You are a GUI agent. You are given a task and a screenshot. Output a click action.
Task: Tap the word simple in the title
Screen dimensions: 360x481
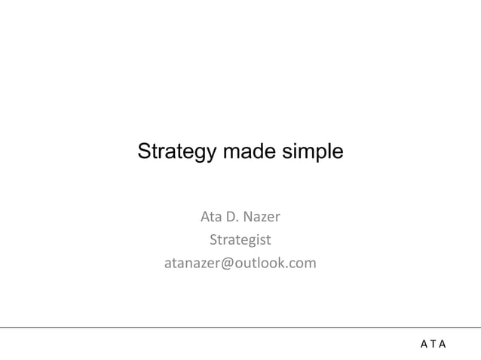click(314, 151)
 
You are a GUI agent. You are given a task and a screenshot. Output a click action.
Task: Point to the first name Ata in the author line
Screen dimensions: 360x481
click(210, 218)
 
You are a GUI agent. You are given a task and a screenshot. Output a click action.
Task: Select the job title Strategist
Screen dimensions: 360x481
click(240, 241)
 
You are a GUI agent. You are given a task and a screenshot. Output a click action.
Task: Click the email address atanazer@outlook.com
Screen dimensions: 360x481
click(240, 264)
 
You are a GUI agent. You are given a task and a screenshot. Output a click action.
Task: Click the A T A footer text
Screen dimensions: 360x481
click(433, 344)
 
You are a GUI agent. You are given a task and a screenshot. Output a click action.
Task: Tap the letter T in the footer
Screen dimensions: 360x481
click(433, 344)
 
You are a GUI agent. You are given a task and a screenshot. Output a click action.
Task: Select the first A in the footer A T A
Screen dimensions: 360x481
click(424, 344)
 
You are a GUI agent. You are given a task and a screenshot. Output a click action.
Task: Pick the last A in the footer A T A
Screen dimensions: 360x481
click(443, 344)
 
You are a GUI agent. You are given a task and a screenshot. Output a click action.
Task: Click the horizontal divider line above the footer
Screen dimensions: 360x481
click(240, 327)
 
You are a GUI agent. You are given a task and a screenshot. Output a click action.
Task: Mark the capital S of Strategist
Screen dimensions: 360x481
click(213, 241)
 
